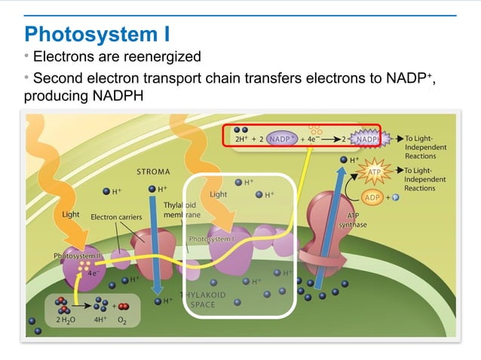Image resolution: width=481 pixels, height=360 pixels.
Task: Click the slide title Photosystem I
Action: pyautogui.click(x=97, y=34)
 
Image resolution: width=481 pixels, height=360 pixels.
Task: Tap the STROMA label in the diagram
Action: pyautogui.click(x=153, y=172)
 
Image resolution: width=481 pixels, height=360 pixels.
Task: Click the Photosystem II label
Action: pyautogui.click(x=78, y=256)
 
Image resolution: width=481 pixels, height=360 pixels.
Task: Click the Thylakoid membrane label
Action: pyautogui.click(x=179, y=209)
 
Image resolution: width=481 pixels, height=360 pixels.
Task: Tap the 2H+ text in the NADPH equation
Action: pyautogui.click(x=242, y=139)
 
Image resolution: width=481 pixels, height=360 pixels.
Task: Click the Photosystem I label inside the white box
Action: pyautogui.click(x=212, y=239)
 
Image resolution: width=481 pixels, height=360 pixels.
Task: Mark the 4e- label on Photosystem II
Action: pyautogui.click(x=91, y=273)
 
